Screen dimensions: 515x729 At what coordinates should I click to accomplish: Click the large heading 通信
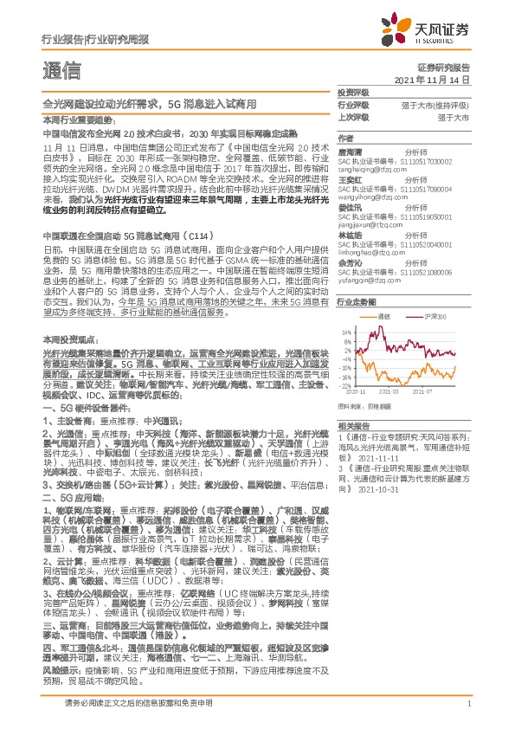61,69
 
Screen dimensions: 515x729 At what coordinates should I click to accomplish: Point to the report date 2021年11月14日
437,80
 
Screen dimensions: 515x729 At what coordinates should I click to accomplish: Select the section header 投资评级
353,93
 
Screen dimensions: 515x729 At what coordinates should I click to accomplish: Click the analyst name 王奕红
350,180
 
